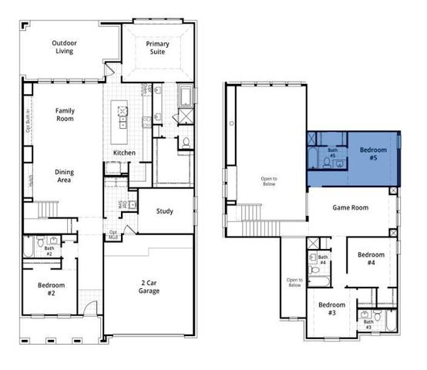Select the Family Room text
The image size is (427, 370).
(x=65, y=115)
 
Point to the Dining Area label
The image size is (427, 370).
(x=65, y=175)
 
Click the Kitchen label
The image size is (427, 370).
(x=124, y=153)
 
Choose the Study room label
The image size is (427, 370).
(x=164, y=210)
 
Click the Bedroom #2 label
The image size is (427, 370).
(x=52, y=288)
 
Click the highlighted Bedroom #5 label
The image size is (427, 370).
(x=368, y=153)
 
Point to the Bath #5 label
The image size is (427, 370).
(x=333, y=153)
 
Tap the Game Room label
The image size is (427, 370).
(x=350, y=207)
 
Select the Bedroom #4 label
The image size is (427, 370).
(x=371, y=258)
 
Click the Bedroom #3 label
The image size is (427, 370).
(x=332, y=308)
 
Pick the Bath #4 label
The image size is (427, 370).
(x=324, y=260)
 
